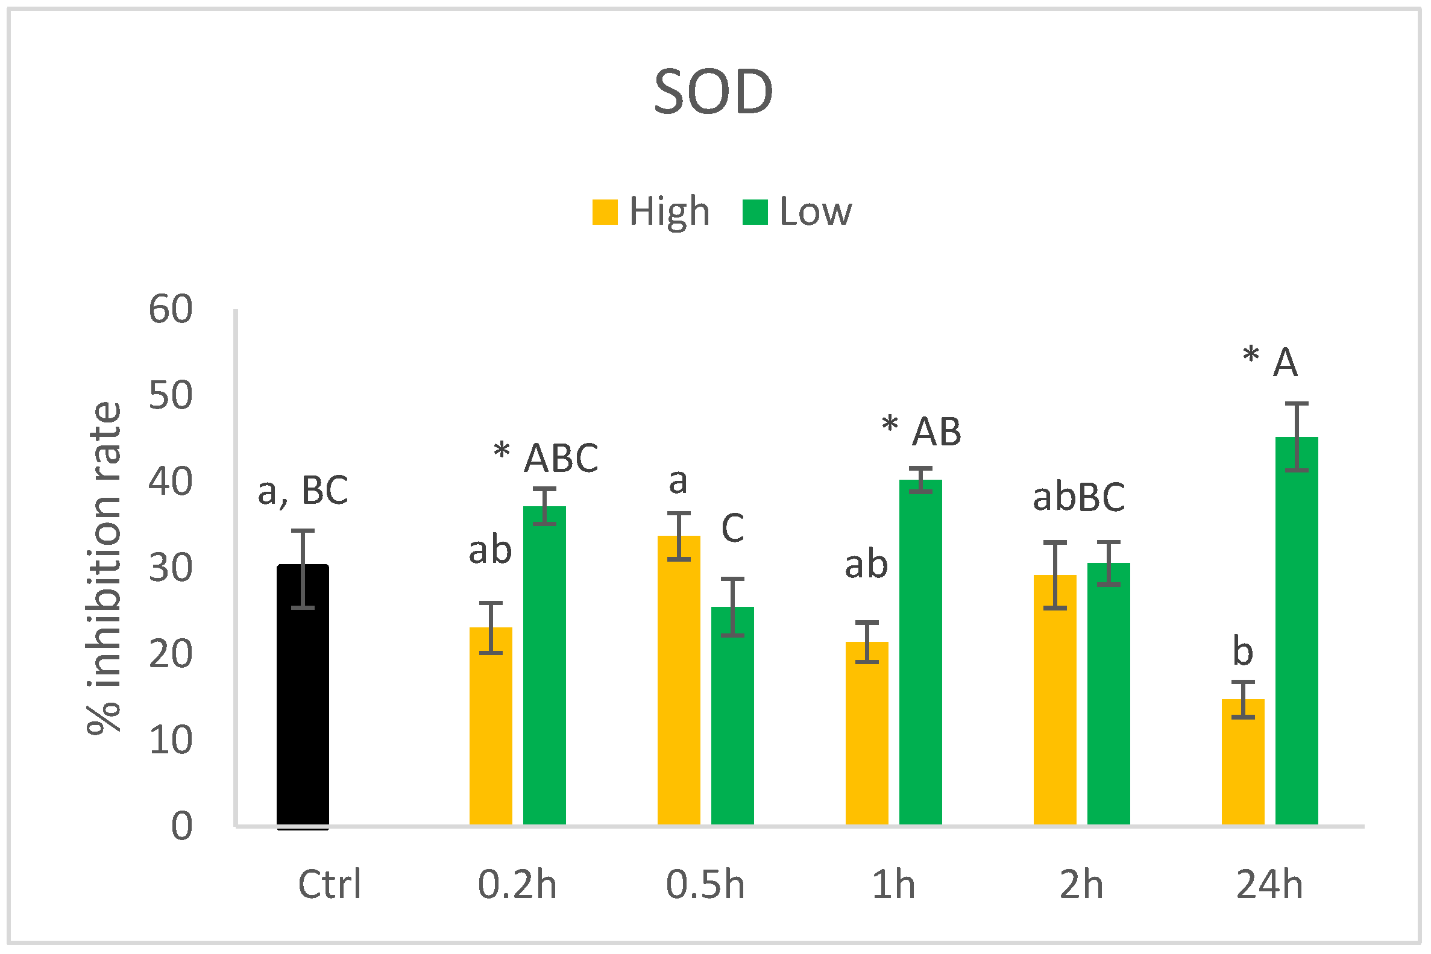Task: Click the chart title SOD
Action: click(713, 92)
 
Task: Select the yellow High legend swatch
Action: click(605, 212)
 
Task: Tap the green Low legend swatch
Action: click(755, 212)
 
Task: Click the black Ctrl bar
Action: click(303, 700)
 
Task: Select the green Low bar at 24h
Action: click(1297, 633)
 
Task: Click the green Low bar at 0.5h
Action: click(732, 718)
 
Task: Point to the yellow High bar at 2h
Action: click(1055, 700)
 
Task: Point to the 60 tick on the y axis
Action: click(171, 309)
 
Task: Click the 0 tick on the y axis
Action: click(181, 826)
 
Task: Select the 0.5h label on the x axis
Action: click(705, 885)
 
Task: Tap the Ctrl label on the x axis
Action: click(329, 885)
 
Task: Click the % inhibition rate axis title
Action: click(105, 568)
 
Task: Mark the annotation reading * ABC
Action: click(546, 457)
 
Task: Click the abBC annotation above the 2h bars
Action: click(1079, 497)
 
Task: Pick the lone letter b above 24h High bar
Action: click(1243, 651)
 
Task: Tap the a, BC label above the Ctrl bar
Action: click(303, 491)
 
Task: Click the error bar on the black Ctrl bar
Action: click(303, 569)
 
